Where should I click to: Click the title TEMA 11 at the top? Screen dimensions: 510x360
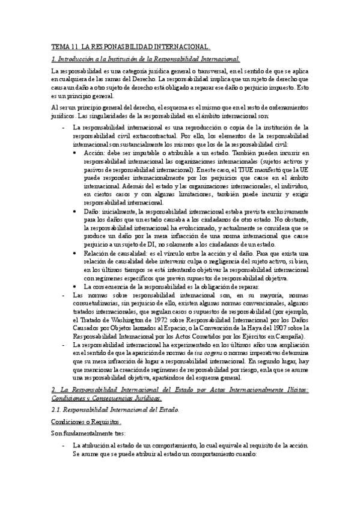click(x=130, y=46)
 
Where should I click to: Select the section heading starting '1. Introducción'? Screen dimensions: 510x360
click(x=145, y=58)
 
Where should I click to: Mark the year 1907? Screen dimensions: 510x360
click(x=269, y=329)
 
